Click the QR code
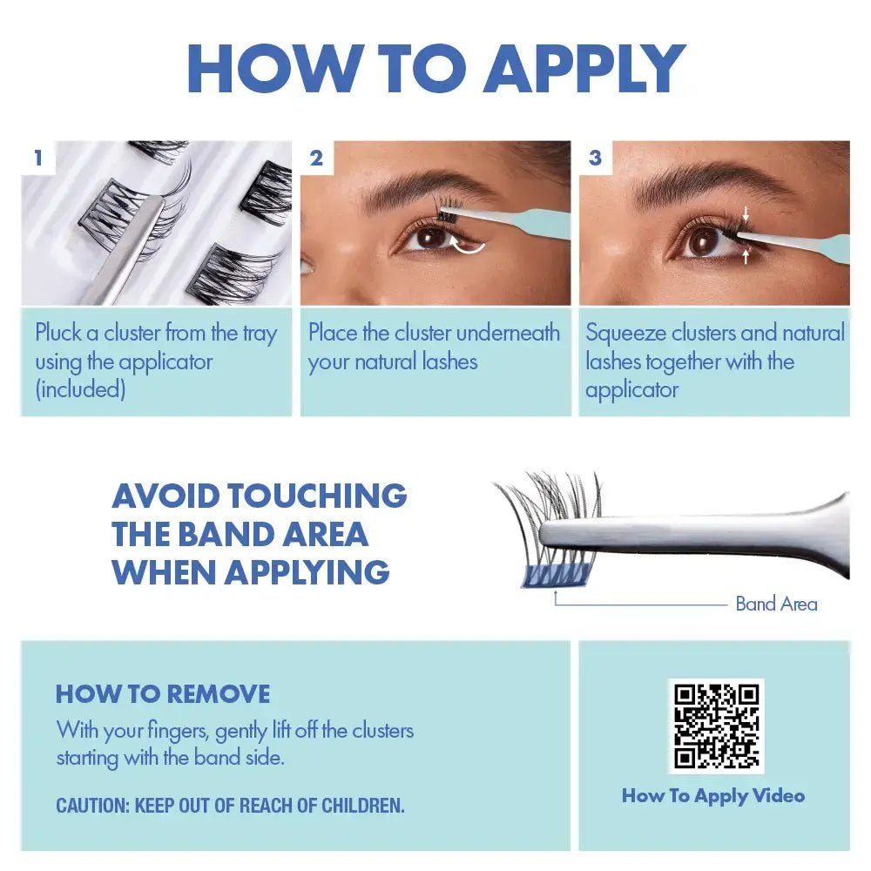(x=715, y=725)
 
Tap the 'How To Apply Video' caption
(x=712, y=795)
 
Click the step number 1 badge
(x=37, y=158)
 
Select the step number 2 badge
(x=316, y=158)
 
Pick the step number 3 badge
(x=595, y=158)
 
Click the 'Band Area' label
(x=776, y=604)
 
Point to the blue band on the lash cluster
(x=556, y=574)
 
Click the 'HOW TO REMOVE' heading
(x=163, y=694)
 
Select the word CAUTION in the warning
(x=91, y=806)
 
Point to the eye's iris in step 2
(x=429, y=238)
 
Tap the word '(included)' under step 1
(x=80, y=389)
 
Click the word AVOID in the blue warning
(x=165, y=496)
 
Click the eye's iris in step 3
(x=704, y=240)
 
